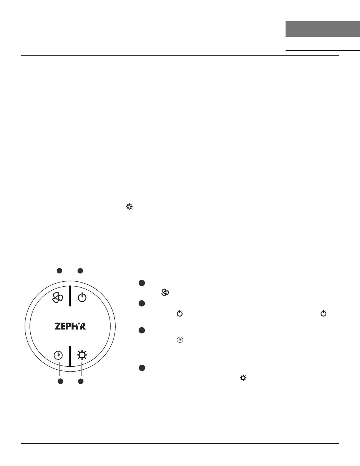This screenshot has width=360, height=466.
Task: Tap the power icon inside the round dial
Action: [82, 297]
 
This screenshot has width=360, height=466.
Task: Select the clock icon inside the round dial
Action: [58, 355]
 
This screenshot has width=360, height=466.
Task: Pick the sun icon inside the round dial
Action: [82, 355]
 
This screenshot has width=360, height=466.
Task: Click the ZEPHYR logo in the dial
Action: [70, 326]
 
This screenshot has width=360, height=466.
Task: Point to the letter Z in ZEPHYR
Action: [58, 326]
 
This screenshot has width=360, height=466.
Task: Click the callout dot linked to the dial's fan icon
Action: [59, 271]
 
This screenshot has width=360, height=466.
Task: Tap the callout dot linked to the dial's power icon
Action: [80, 271]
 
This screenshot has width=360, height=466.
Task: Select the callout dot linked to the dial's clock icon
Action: [60, 381]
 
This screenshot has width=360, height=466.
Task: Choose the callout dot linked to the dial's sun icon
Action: [81, 381]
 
